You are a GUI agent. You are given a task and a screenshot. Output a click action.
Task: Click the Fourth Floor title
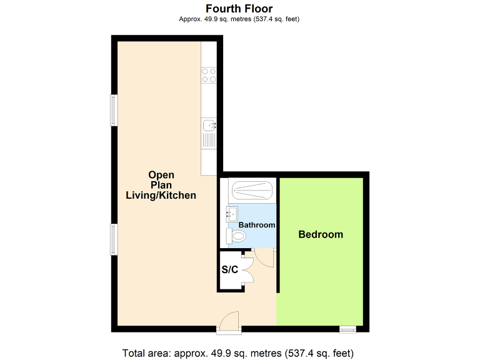tap(239, 8)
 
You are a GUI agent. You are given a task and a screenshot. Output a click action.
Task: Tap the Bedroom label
tap(321, 235)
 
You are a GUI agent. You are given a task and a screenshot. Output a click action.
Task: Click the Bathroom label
tap(257, 225)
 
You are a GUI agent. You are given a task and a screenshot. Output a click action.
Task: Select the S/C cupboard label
tap(230, 270)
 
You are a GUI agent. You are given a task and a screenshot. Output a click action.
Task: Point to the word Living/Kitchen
tap(161, 196)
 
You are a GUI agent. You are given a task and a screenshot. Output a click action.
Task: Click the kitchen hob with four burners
tap(209, 76)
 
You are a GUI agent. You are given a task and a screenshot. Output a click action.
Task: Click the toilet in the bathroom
tap(237, 236)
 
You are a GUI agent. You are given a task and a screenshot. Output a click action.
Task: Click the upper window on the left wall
tap(114, 109)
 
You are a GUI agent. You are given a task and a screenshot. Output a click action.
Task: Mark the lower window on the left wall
tap(114, 239)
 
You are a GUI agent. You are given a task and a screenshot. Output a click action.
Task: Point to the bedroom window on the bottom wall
tap(347, 328)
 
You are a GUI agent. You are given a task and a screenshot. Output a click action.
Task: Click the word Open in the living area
tap(161, 175)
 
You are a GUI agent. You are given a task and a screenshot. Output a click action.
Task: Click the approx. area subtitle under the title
tap(239, 19)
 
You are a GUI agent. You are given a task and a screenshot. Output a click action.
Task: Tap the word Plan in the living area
tap(161, 185)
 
